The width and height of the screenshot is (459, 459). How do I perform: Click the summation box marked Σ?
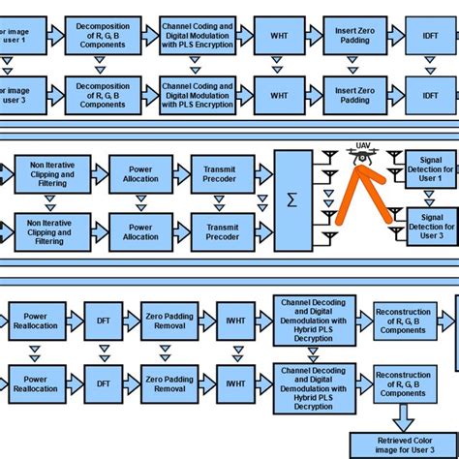(293, 200)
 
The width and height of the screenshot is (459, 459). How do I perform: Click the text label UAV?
(363, 145)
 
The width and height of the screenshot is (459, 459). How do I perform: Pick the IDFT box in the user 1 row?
(430, 36)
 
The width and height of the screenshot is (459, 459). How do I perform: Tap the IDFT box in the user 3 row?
(430, 94)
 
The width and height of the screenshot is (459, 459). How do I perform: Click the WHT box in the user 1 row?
(278, 36)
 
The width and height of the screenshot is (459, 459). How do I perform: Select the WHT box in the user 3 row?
(278, 94)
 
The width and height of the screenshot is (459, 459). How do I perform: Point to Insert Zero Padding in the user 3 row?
(354, 94)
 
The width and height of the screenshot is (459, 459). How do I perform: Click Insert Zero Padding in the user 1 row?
(354, 36)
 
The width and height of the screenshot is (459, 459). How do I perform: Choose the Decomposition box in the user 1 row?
(102, 36)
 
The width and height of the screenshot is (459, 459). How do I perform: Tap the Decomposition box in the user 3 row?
(102, 94)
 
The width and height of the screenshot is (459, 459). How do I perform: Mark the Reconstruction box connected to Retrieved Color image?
(403, 382)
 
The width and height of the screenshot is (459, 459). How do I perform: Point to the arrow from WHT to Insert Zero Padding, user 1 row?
(316, 36)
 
